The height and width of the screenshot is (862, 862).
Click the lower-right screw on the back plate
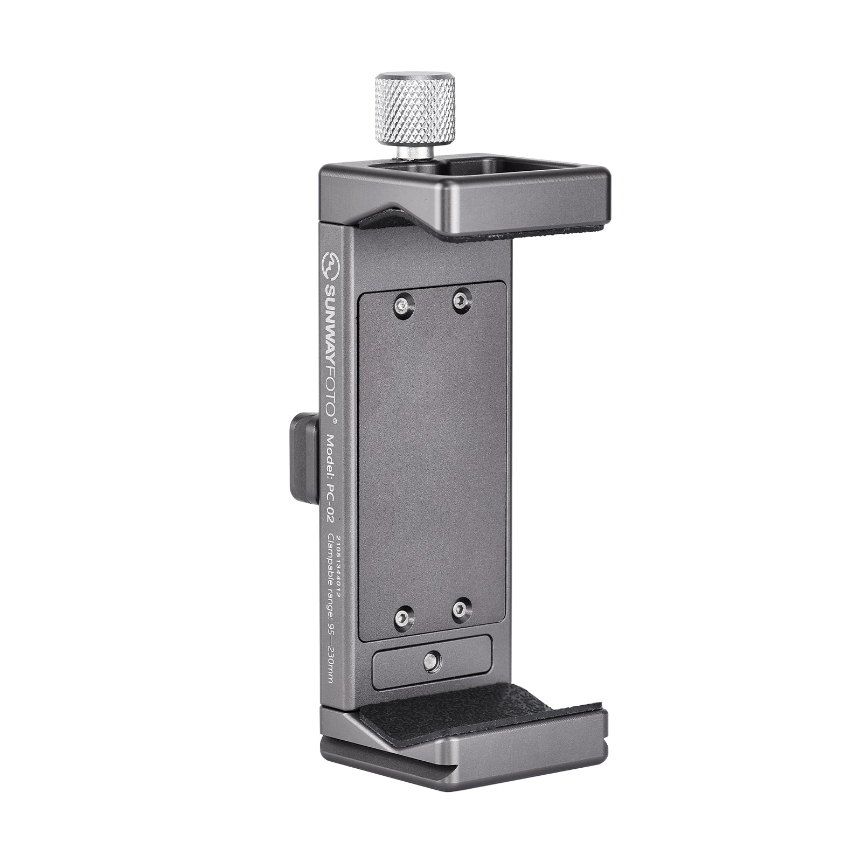459,610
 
